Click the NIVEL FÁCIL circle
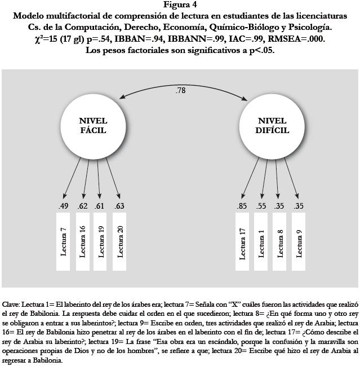point(93,125)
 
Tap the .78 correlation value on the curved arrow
point(180,90)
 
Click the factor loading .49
point(63,206)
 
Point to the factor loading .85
point(243,206)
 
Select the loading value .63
point(119,206)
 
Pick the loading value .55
point(261,206)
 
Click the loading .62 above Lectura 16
point(83,206)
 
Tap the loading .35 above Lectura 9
point(299,206)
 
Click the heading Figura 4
point(180,5)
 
